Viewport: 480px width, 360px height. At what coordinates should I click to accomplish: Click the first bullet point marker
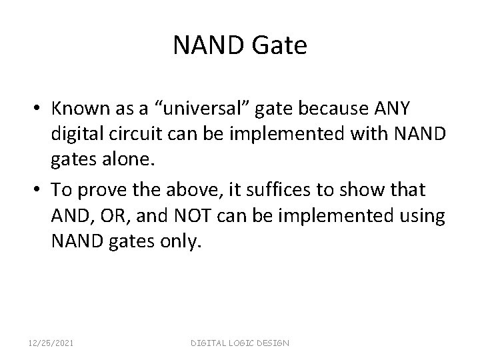click(x=39, y=108)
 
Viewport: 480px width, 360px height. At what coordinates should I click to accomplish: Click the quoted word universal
click(x=207, y=108)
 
